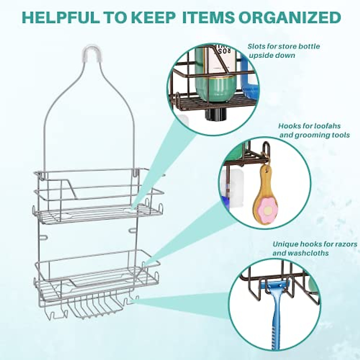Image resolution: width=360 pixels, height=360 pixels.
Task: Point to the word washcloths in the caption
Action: (x=307, y=253)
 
